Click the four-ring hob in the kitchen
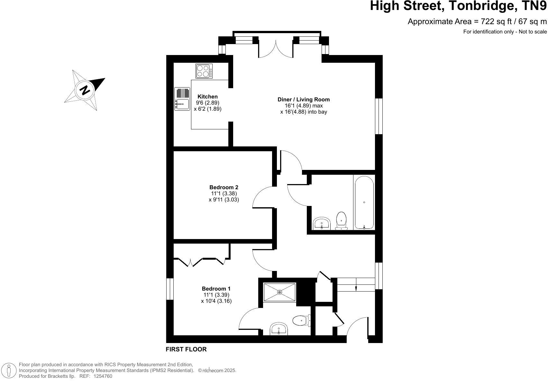tap(204, 71)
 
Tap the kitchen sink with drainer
tap(182, 99)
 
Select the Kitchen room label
tap(207, 97)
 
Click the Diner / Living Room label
tap(304, 99)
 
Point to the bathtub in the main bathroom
tap(364, 202)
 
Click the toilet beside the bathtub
tap(341, 221)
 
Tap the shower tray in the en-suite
tap(279, 292)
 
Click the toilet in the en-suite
tap(301, 320)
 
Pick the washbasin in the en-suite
tap(279, 329)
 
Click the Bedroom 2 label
tap(224, 187)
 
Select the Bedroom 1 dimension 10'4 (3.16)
tap(216, 301)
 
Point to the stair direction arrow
tap(356, 288)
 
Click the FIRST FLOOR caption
tap(186, 349)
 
